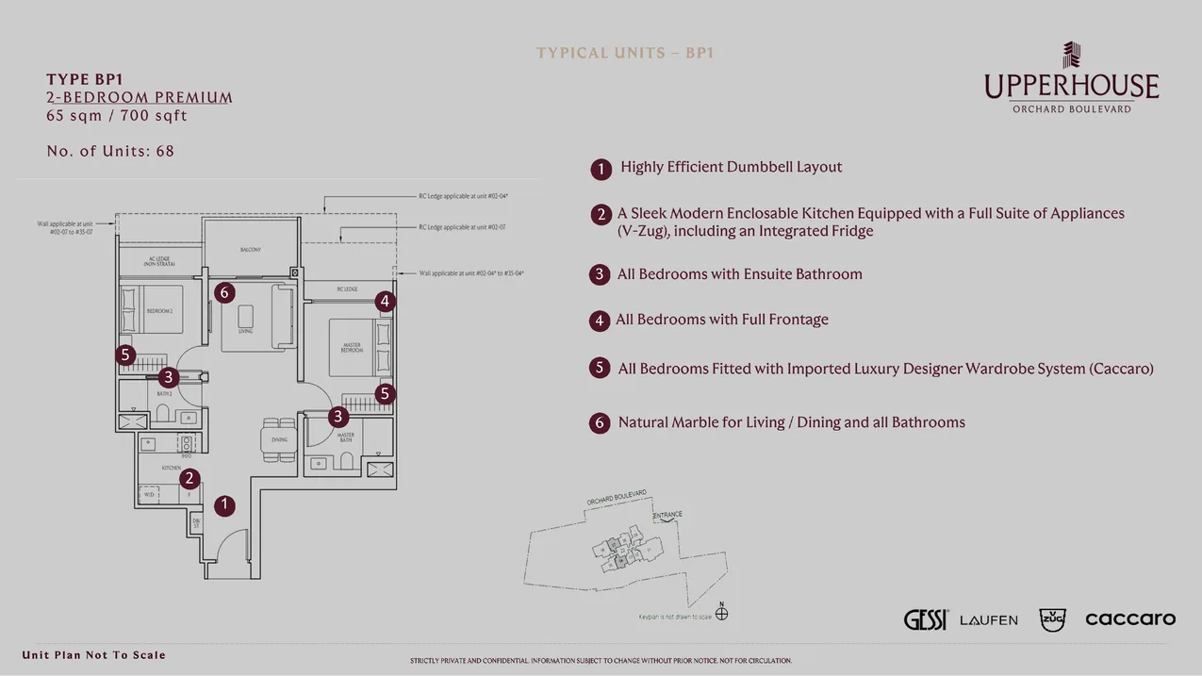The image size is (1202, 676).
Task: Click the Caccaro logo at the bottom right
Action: click(x=1129, y=619)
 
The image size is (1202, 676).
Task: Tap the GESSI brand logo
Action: click(x=925, y=619)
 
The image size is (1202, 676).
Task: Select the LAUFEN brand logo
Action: click(x=988, y=620)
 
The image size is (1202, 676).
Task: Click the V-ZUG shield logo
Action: click(x=1052, y=619)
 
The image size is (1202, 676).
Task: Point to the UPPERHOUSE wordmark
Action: click(x=1071, y=87)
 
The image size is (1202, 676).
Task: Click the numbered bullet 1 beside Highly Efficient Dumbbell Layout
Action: click(x=601, y=169)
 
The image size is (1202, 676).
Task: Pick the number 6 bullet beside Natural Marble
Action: click(x=600, y=423)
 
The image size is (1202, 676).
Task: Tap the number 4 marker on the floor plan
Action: click(x=385, y=302)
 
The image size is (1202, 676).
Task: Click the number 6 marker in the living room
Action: click(x=223, y=292)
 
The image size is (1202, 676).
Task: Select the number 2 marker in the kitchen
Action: click(x=189, y=479)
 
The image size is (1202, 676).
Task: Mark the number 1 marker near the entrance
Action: click(x=224, y=505)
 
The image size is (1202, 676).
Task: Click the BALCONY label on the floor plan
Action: click(x=250, y=250)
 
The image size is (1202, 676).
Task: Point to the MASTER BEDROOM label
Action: click(x=351, y=348)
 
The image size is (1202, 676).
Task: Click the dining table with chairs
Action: click(x=279, y=440)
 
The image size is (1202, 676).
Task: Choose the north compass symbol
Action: click(x=722, y=613)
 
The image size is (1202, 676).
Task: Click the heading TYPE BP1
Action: click(x=85, y=80)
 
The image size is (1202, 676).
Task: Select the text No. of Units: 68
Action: click(x=110, y=151)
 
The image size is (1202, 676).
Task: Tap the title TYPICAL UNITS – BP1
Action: click(x=625, y=53)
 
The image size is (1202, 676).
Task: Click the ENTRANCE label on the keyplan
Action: click(x=667, y=516)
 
